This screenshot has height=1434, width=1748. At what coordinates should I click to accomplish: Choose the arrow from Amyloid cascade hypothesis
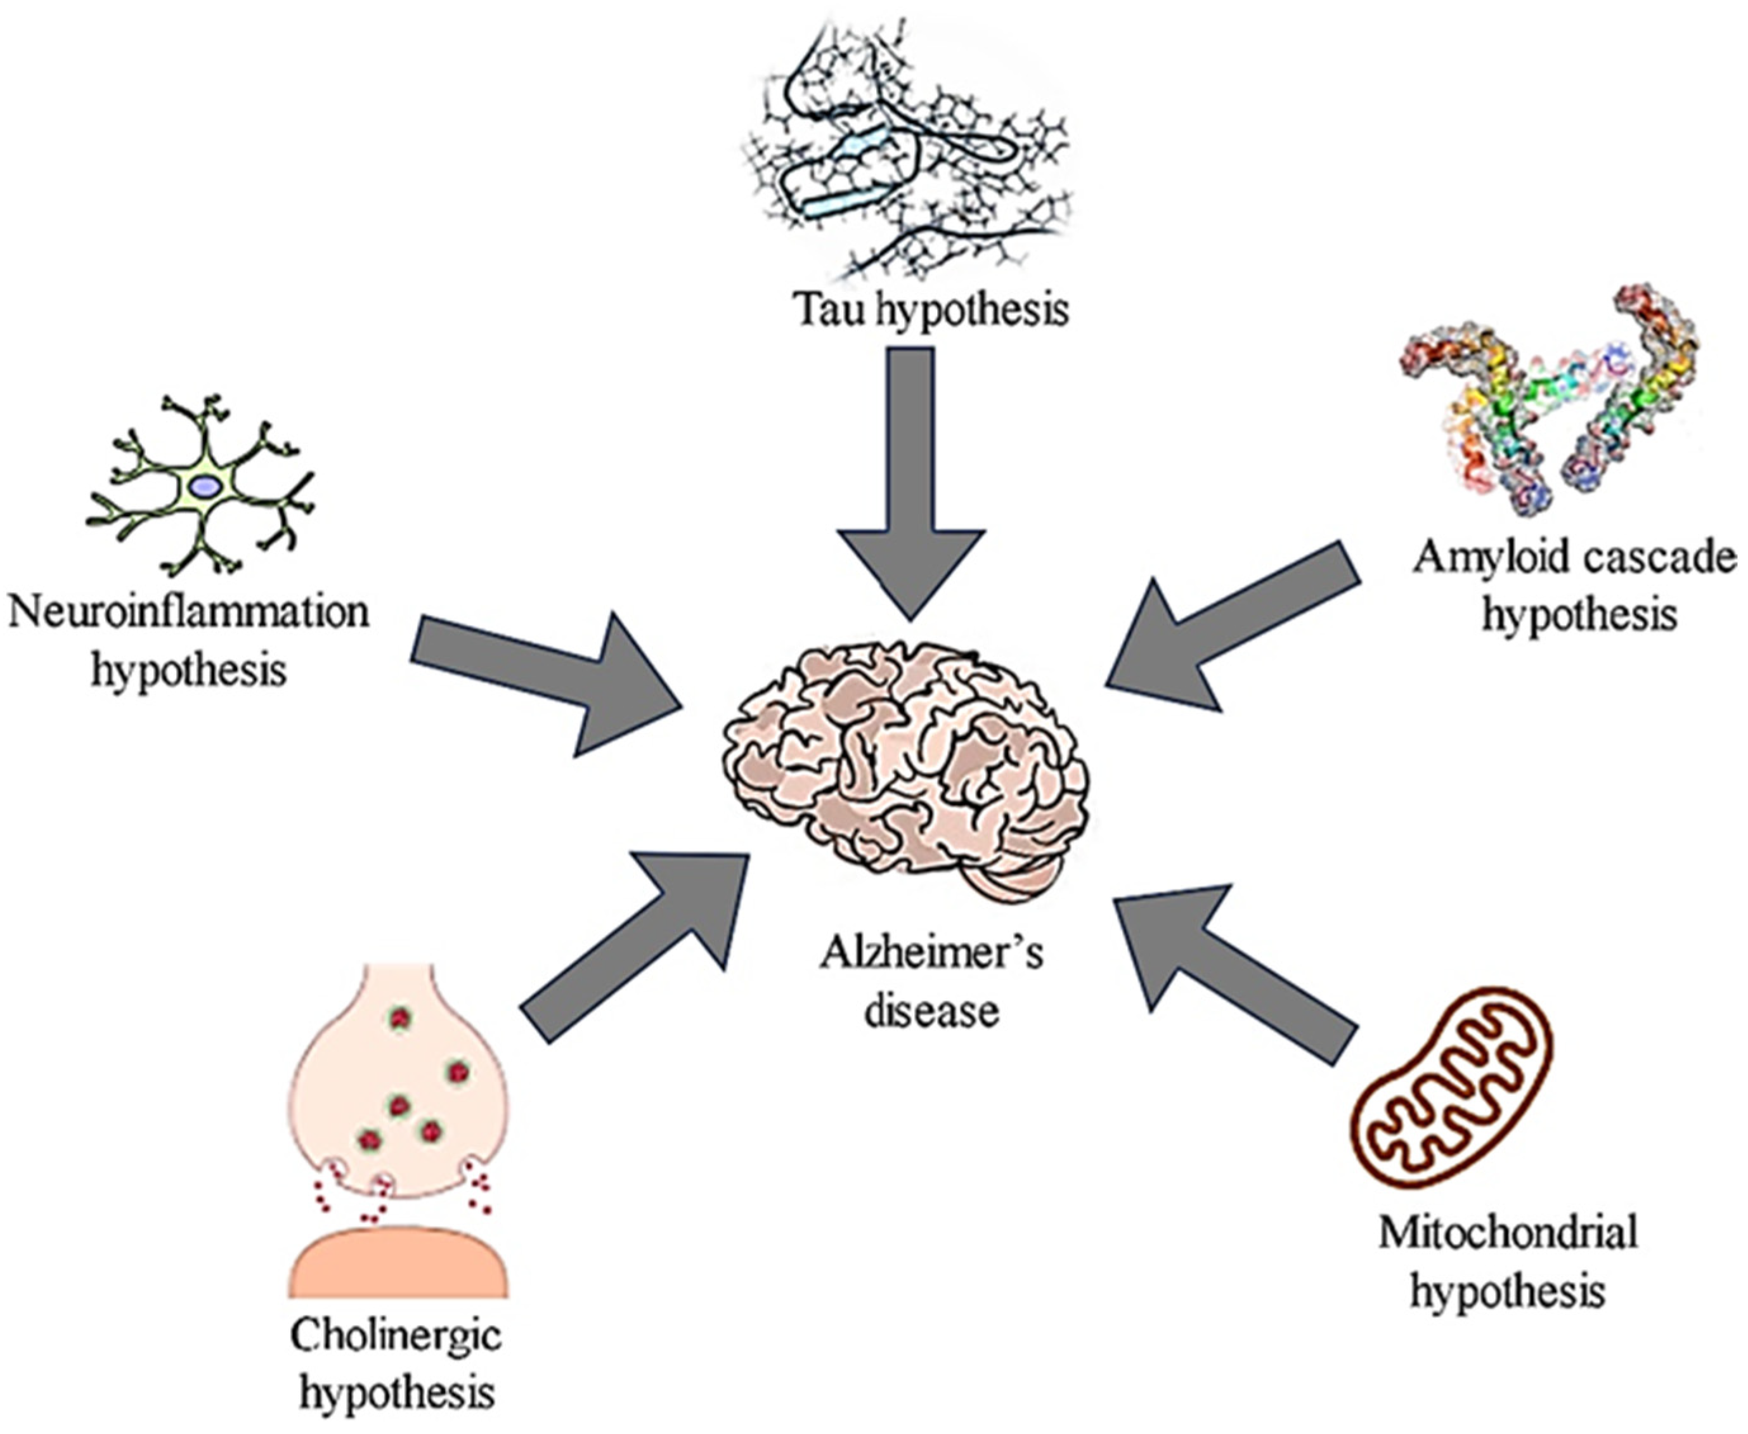1231,628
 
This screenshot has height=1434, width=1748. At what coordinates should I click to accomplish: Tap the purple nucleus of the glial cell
205,488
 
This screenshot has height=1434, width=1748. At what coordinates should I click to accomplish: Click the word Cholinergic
396,1336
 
